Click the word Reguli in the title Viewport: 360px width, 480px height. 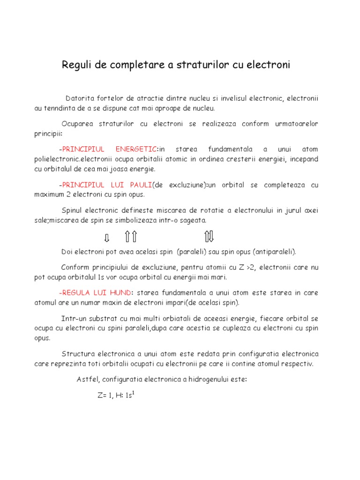coord(77,65)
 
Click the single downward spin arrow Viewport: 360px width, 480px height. coord(106,237)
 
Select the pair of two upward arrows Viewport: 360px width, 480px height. coord(131,236)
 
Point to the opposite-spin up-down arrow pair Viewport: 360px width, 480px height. coord(209,236)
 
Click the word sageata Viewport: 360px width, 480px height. coord(192,220)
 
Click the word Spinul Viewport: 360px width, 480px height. coord(73,210)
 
